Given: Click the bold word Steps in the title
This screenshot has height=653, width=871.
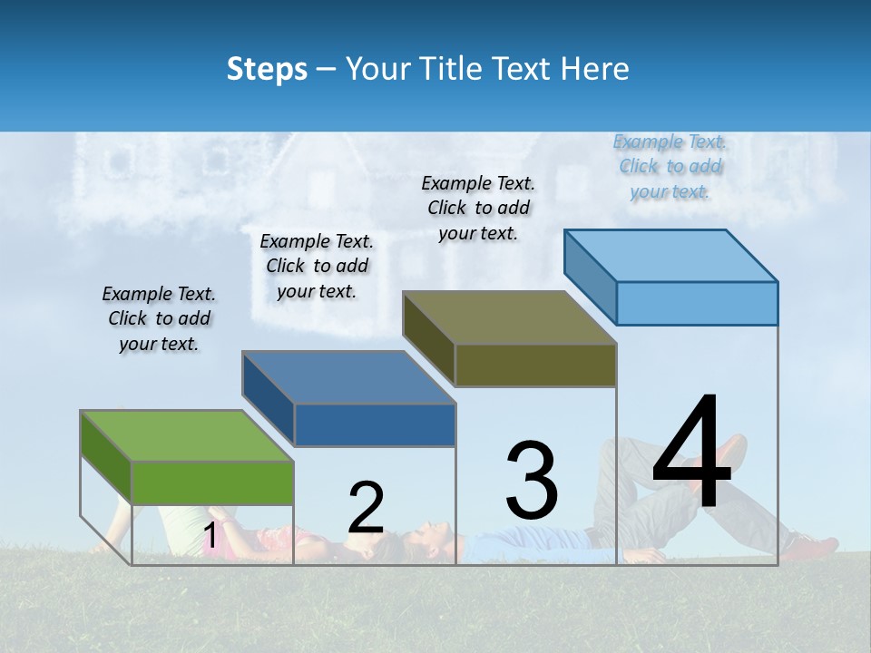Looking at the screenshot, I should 267,70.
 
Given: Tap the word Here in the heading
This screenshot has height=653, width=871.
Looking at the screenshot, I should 595,70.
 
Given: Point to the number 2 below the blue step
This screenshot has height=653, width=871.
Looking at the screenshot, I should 366,508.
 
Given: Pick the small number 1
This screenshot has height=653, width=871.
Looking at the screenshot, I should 210,536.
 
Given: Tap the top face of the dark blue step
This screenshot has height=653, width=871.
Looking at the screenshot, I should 349,376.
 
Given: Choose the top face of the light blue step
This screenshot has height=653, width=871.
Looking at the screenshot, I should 671,256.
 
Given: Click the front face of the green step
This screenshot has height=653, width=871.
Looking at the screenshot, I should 212,482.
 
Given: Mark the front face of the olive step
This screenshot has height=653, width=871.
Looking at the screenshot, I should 535,365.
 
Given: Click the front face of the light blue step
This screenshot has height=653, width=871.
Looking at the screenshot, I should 697,303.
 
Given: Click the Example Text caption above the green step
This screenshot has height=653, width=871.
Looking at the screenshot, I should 159,318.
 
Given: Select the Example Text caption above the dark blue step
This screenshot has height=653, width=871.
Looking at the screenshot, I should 317,266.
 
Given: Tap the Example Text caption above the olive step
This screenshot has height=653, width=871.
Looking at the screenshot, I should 478,208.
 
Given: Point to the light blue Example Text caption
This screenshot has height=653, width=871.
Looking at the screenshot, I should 670,166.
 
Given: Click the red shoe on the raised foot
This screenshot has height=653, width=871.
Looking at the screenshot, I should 726,453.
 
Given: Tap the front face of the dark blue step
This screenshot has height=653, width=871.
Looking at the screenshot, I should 375,424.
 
